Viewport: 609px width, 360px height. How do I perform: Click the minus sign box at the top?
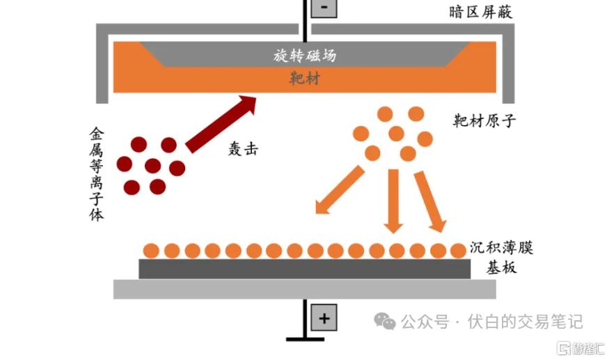point(324,8)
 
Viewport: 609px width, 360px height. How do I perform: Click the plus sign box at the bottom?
point(324,318)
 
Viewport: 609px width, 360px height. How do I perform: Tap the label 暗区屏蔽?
point(480,12)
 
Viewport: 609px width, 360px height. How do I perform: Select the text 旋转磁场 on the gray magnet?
point(305,55)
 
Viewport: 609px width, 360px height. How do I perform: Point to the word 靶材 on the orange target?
point(305,79)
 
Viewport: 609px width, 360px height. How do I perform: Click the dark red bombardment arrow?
point(221,124)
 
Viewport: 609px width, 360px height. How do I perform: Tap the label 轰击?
point(243,148)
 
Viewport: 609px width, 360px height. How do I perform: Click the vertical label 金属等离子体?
point(96,174)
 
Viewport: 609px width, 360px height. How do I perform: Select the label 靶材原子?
point(484,121)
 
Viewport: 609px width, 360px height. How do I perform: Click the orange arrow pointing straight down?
point(393,201)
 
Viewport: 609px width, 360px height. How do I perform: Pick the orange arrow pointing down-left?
point(340,189)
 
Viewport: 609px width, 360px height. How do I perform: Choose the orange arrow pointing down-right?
point(430,202)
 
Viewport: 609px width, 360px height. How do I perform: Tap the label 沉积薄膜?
point(501,247)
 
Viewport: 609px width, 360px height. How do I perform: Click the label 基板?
point(501,267)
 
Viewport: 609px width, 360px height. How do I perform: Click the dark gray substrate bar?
point(305,269)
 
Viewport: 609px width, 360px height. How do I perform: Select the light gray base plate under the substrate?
point(305,289)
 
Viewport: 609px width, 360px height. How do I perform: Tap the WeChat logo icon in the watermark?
point(384,321)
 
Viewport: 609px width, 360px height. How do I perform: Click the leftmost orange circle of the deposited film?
point(151,251)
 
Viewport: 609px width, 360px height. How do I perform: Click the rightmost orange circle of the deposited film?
point(458,251)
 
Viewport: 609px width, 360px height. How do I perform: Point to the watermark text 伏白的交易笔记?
point(525,322)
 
